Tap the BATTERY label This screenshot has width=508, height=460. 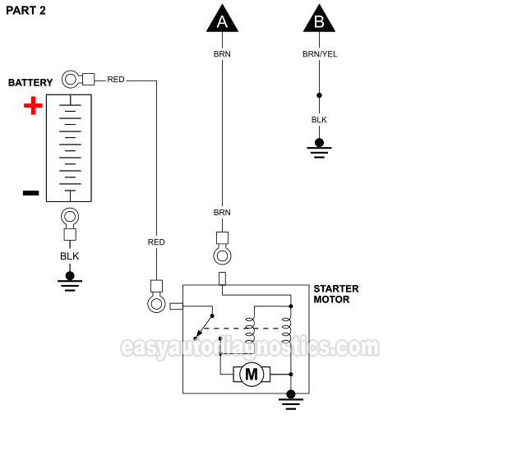[x=30, y=83]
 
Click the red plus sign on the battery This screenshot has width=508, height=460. [x=32, y=106]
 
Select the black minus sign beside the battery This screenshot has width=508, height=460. [x=30, y=193]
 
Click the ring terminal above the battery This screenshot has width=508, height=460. [x=71, y=80]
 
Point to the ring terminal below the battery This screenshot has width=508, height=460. [x=70, y=218]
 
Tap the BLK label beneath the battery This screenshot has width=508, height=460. [x=70, y=256]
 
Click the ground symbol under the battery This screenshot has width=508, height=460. [x=70, y=281]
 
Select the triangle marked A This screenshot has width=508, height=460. [x=222, y=20]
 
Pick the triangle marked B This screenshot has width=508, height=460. [x=319, y=20]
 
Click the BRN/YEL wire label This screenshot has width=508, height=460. [x=320, y=54]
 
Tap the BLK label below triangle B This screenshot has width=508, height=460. [x=319, y=120]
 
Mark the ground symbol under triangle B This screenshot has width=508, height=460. [x=319, y=146]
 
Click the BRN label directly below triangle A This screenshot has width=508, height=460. [x=222, y=54]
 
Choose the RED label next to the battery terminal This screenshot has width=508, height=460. [x=116, y=80]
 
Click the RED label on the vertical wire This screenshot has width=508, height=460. [x=156, y=242]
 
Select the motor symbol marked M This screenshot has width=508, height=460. [x=252, y=375]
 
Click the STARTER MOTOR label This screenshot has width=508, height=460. [x=335, y=294]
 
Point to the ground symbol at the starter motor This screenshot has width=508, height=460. [x=290, y=399]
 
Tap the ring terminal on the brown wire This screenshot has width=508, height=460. [x=222, y=255]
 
